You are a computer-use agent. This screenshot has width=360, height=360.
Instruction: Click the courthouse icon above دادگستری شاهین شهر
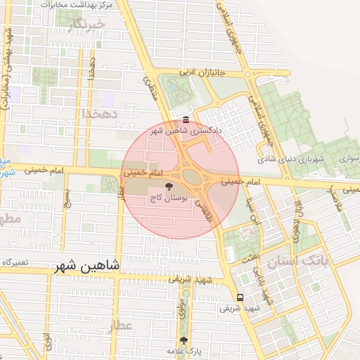(x=185, y=120)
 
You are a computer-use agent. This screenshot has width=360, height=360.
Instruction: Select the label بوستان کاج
(x=169, y=199)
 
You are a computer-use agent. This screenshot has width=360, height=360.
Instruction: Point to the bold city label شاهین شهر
(x=86, y=266)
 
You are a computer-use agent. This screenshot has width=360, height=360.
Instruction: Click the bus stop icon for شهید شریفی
(x=241, y=297)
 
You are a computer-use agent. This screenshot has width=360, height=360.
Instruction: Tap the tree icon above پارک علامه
(x=184, y=340)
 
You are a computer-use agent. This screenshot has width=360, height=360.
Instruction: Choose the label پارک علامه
(x=184, y=350)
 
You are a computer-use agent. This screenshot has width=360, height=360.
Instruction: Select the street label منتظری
(x=151, y=87)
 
